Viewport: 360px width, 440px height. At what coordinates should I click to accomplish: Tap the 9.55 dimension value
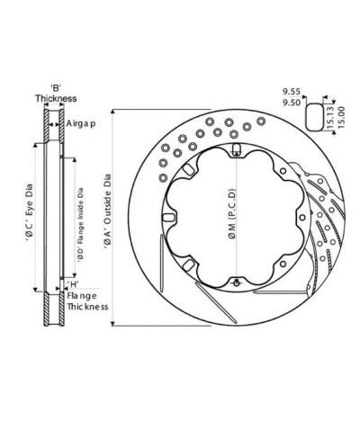(x=290, y=91)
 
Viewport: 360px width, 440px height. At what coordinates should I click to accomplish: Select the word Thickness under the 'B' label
(x=56, y=99)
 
